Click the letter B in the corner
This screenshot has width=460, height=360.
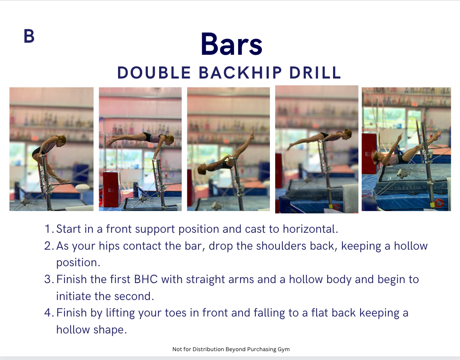29,36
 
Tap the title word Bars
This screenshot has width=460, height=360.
232,44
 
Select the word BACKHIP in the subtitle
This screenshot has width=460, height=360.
240,72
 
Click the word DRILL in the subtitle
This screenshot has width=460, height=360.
315,72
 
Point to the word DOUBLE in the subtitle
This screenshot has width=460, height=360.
154,72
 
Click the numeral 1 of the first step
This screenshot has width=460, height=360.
48,229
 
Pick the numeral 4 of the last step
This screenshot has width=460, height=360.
48,313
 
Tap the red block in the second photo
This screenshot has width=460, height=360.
111,190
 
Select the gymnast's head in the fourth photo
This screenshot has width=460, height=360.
348,133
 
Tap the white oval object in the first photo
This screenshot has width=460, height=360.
83,188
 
